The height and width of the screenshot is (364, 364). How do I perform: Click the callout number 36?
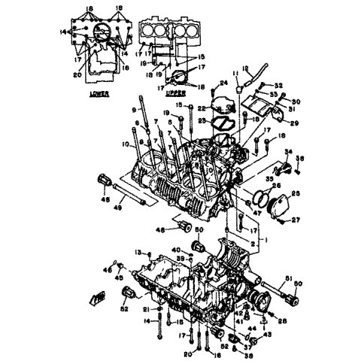(300, 157)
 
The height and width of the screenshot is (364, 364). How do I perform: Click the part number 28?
(282, 321)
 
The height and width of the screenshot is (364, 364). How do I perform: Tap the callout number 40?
(176, 249)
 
